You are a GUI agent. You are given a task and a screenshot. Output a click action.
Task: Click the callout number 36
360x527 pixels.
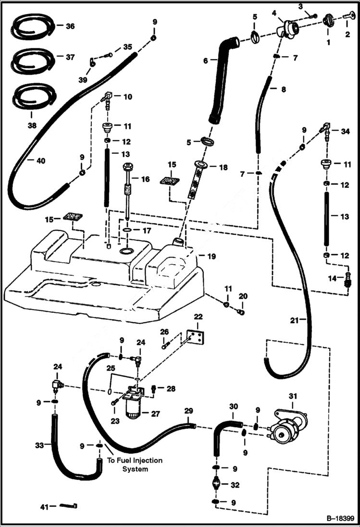pyautogui.click(x=70, y=27)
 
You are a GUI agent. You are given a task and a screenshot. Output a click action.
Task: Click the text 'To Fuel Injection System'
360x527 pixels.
pyautogui.click(x=135, y=465)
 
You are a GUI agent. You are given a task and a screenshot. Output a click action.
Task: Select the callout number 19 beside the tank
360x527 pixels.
pyautogui.click(x=211, y=257)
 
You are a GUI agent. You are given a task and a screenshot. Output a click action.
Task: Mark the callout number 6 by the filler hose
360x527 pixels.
pyautogui.click(x=205, y=61)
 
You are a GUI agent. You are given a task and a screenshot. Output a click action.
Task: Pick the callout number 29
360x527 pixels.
pyautogui.click(x=189, y=411)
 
